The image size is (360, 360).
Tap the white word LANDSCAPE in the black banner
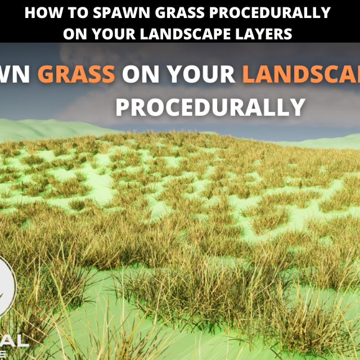tap(178, 34)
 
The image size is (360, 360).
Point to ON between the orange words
tap(139, 74)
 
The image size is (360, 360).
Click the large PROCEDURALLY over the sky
tap(210, 106)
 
